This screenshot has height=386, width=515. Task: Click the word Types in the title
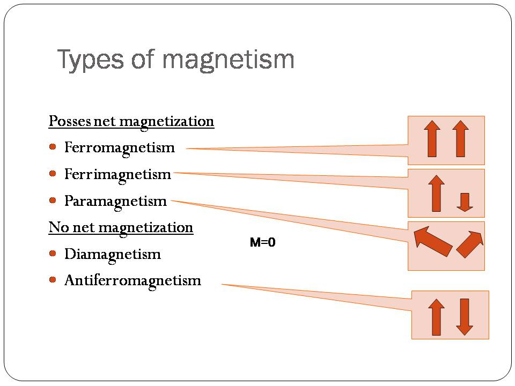pyautogui.click(x=90, y=60)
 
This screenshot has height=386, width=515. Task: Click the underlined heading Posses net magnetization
pyautogui.click(x=131, y=122)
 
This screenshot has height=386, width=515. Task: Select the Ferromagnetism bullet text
pyautogui.click(x=120, y=148)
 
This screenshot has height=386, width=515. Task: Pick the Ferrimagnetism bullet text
pyautogui.click(x=117, y=175)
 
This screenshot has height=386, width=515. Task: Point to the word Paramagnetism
pyautogui.click(x=116, y=202)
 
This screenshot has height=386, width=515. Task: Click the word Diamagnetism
pyautogui.click(x=113, y=255)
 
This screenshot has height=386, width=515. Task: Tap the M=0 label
pyautogui.click(x=262, y=242)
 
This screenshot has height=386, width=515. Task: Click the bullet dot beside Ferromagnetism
pyautogui.click(x=53, y=147)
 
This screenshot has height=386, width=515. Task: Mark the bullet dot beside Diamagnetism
pyautogui.click(x=53, y=253)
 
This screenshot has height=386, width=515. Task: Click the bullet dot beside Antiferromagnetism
pyautogui.click(x=53, y=280)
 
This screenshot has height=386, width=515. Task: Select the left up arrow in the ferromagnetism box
pyautogui.click(x=432, y=138)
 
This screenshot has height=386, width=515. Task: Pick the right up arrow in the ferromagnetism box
pyautogui.click(x=460, y=138)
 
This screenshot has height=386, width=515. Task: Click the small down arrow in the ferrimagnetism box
pyautogui.click(x=465, y=202)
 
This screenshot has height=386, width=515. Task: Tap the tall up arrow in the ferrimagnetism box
pyautogui.click(x=437, y=194)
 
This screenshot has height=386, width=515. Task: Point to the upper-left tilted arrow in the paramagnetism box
pyautogui.click(x=432, y=241)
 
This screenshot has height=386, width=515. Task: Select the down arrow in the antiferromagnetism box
pyautogui.click(x=465, y=317)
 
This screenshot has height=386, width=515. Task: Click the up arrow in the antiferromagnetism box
pyautogui.click(x=437, y=317)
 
